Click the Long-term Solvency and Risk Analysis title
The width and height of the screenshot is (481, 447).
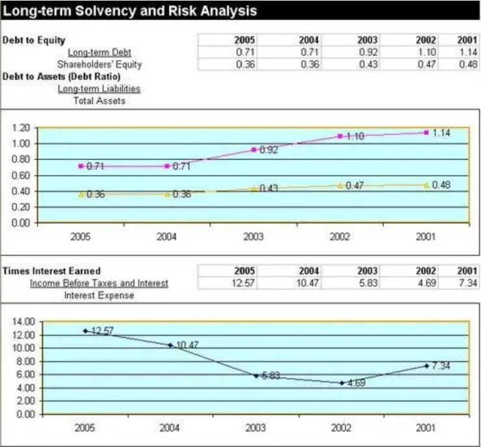coord(131,11)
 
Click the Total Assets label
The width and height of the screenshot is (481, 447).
coord(99,101)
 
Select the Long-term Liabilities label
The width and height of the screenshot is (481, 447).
coord(99,88)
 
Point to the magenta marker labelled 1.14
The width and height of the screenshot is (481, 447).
coord(426,133)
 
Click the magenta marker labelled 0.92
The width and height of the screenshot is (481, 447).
coord(253,150)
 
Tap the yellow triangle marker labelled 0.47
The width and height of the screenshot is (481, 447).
coord(340,185)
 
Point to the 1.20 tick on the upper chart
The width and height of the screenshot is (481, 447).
coord(23,128)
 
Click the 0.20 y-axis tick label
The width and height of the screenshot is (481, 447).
coord(23,207)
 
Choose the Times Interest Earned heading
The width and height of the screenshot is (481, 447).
coord(52,271)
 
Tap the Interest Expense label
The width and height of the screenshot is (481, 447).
coord(99,295)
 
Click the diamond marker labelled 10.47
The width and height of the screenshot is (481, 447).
coord(170,345)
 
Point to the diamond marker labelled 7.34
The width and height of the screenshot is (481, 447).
coord(426,366)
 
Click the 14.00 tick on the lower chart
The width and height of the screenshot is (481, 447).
coord(23,321)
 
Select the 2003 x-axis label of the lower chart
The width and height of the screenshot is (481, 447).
coord(253,428)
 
